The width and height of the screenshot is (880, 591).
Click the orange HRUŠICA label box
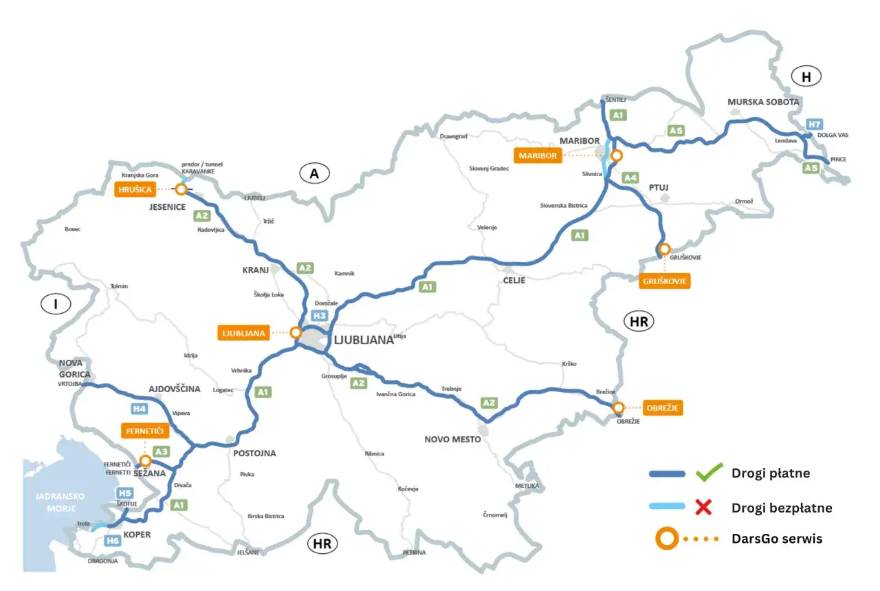[x=134, y=188]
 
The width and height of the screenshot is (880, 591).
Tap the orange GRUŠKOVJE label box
[x=666, y=281]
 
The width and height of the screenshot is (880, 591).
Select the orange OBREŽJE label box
[x=664, y=407]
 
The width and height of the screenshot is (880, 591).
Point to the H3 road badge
[x=319, y=316]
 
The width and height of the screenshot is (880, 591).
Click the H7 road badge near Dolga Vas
[x=815, y=125]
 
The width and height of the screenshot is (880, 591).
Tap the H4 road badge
[x=140, y=409]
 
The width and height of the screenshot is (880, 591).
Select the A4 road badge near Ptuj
[x=630, y=178]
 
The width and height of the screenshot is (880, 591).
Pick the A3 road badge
[x=162, y=451]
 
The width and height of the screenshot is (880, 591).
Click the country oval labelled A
[x=314, y=174]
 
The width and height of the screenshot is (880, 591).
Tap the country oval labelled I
[x=56, y=304]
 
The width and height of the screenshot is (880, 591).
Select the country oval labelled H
[x=807, y=77]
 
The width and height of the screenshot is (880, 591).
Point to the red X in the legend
[x=703, y=508]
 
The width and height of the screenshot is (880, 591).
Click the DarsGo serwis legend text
[x=777, y=539]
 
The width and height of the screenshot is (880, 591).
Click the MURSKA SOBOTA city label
[x=763, y=102]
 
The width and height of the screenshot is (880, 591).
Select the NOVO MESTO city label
[x=452, y=439]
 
